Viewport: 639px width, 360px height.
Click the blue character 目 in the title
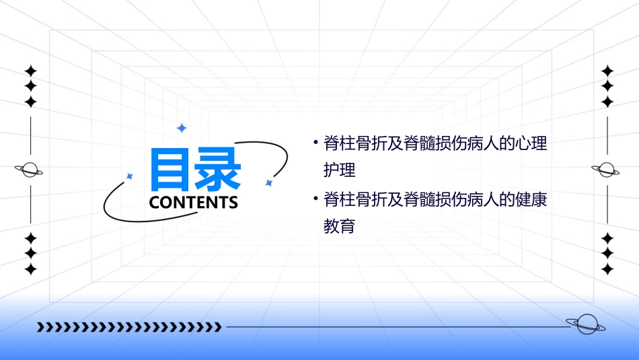coord(172,170)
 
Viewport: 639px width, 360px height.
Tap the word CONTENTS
coord(194,203)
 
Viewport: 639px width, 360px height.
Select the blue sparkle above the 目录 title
coord(181,128)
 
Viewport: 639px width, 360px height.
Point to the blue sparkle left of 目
coord(130,176)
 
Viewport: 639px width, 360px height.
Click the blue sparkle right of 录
coord(268,182)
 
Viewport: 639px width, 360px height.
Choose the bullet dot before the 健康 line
coord(315,199)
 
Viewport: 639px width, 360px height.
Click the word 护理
coord(339,170)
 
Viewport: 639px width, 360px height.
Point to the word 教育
coord(339,226)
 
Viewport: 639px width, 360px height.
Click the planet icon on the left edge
coord(30,170)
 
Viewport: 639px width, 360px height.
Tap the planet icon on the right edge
coord(606,170)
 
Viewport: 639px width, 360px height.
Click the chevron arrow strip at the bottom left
coord(129,327)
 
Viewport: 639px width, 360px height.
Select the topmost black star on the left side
coord(30,71)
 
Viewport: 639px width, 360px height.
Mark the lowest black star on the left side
coord(30,269)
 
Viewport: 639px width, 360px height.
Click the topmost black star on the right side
coord(607,71)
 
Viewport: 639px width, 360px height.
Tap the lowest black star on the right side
coord(607,269)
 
